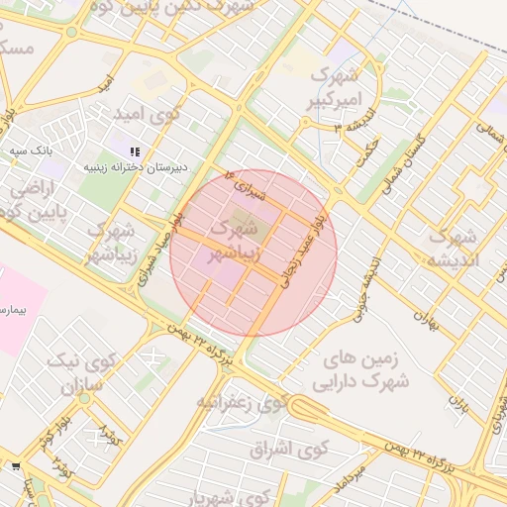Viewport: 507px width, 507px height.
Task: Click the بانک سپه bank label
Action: point(31,150)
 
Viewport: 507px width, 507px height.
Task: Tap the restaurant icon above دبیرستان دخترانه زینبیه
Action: point(135,151)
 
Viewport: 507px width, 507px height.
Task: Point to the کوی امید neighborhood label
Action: point(150,114)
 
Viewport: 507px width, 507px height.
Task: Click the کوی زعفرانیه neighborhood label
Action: point(242,402)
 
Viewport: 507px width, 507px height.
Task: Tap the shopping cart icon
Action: point(15,464)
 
